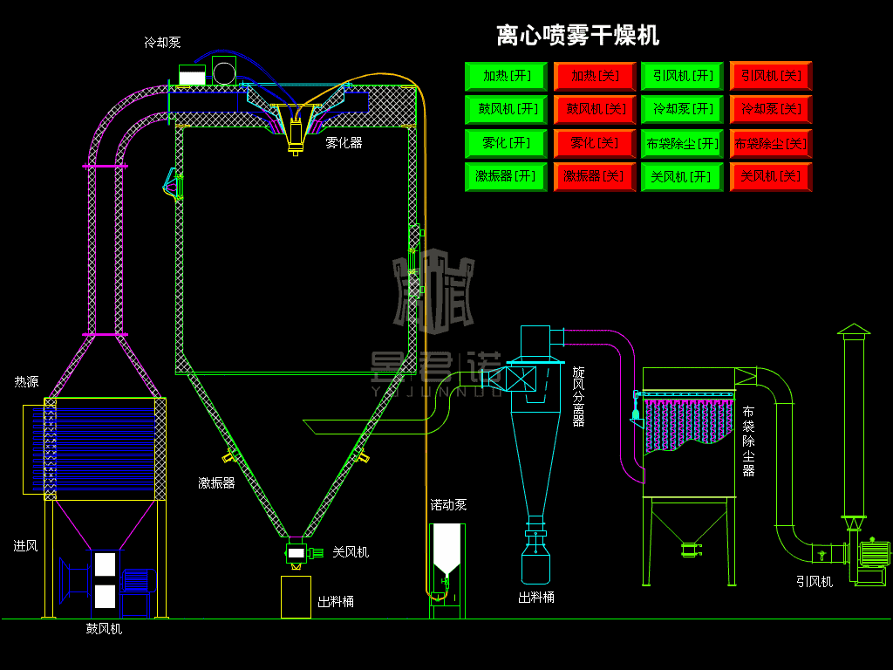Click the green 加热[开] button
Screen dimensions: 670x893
507,76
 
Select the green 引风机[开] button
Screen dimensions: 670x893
682,76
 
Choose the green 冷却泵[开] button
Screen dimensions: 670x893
682,109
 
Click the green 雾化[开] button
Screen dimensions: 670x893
507,142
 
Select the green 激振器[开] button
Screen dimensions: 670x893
507,175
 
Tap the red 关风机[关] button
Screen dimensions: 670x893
770,175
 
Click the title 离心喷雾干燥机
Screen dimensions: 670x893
577,36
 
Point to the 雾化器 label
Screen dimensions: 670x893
344,142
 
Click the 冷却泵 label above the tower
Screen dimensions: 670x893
162,42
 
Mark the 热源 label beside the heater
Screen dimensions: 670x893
26,382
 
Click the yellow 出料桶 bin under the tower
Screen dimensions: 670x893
296,597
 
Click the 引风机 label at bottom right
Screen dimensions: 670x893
815,581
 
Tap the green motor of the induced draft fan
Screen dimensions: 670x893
875,554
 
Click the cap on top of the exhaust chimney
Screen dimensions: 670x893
854,330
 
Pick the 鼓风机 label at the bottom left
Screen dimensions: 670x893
104,628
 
